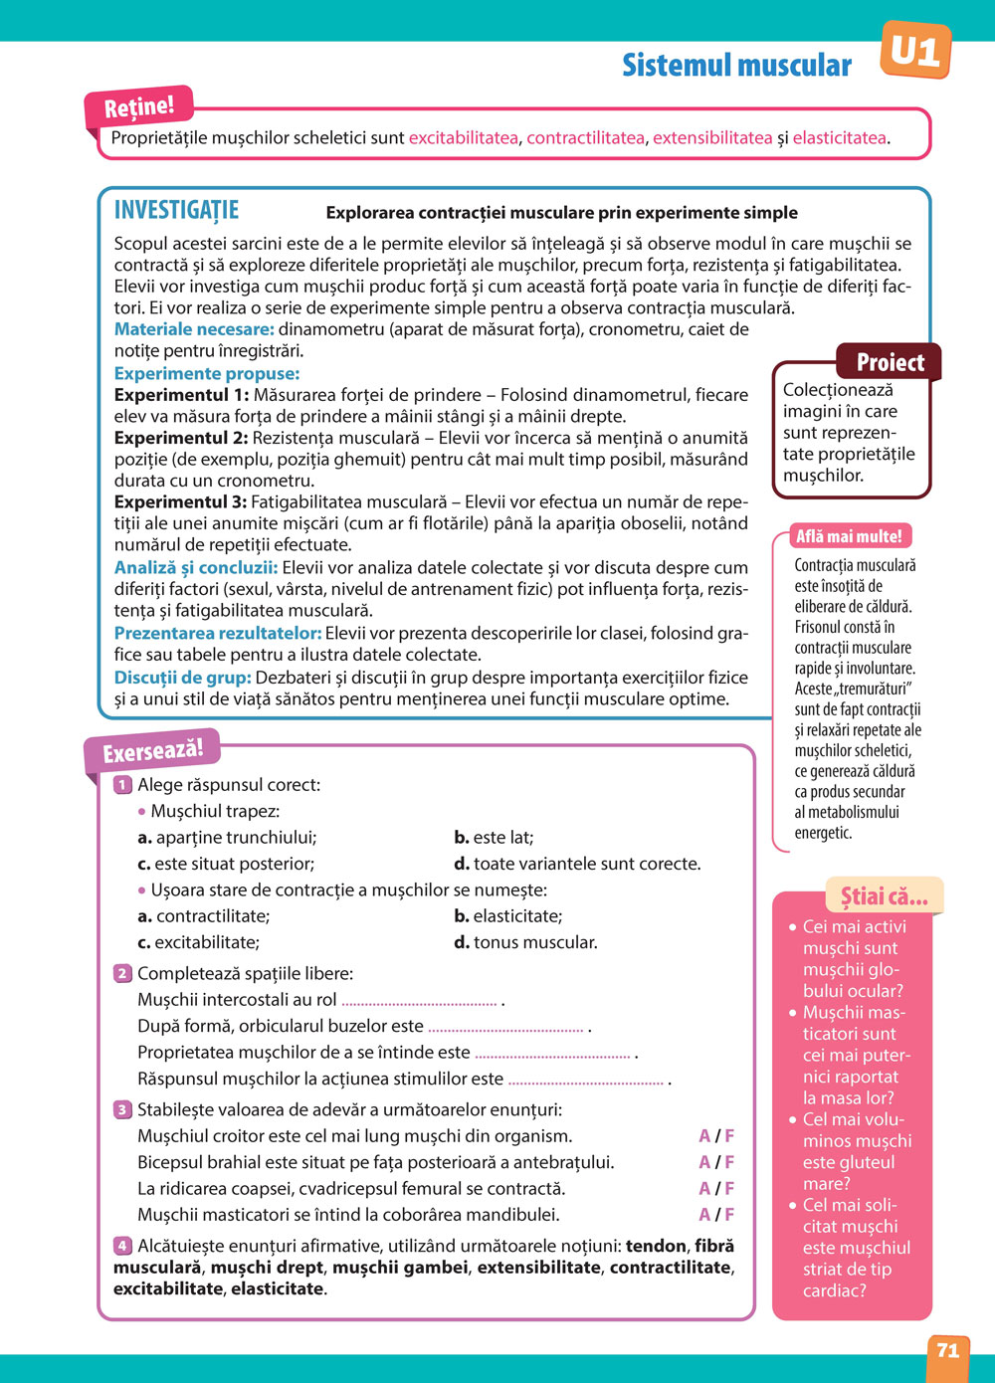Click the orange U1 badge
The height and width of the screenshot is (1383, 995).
[915, 50]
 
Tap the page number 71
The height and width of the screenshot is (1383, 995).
[948, 1350]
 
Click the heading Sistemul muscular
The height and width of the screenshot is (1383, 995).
[736, 66]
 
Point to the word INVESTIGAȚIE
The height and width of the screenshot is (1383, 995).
[176, 210]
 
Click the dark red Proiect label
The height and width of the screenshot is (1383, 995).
[890, 362]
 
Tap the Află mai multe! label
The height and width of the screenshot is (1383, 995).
[849, 536]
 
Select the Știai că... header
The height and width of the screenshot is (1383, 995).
[884, 896]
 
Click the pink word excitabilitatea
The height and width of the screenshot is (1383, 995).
[464, 138]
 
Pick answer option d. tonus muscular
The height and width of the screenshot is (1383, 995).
[526, 942]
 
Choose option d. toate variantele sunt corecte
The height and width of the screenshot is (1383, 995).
[577, 864]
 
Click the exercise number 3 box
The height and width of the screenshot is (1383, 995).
[122, 1109]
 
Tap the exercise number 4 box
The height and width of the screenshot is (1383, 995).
[122, 1246]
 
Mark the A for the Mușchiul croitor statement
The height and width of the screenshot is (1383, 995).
[704, 1136]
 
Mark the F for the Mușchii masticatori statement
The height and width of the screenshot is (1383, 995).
[729, 1215]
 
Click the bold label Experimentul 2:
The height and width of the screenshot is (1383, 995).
[180, 438]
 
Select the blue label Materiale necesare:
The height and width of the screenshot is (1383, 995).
[194, 329]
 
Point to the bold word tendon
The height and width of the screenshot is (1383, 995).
[656, 1246]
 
